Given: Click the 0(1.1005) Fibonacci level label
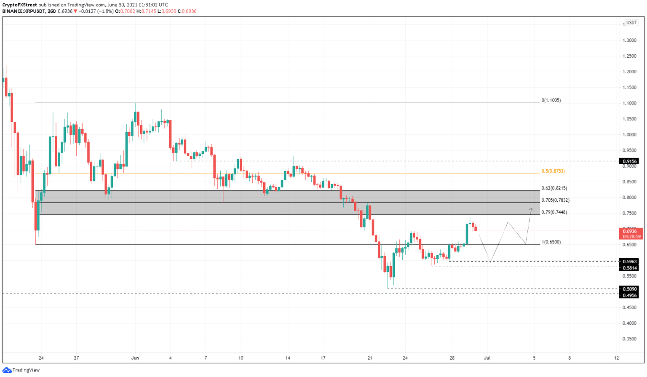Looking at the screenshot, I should (551, 100).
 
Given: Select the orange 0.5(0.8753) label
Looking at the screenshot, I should (553, 171).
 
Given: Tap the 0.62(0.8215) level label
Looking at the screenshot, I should (554, 188).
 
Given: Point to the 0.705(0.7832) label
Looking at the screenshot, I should (555, 201).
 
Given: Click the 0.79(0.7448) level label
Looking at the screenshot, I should (554, 212).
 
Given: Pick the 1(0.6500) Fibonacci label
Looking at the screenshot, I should (551, 242).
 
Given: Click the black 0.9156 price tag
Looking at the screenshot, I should (629, 161).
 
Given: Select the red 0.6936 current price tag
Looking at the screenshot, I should (631, 231).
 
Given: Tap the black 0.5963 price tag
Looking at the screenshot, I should (629, 262).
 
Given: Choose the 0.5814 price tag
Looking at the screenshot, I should (629, 268).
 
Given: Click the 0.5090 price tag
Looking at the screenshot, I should (629, 289).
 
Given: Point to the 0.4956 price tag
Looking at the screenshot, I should (629, 295).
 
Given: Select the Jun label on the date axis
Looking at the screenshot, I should (135, 358).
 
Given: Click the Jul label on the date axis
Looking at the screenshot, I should (487, 358).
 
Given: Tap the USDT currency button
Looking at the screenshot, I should (631, 23).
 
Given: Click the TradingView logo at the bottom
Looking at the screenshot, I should (21, 370).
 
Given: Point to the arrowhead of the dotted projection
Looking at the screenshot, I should (532, 209).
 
